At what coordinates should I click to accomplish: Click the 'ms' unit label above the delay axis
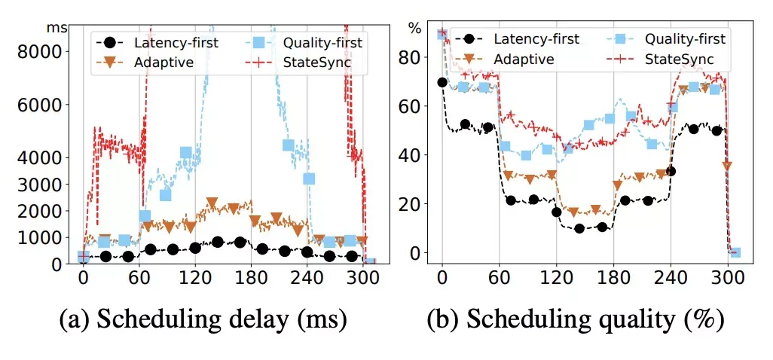[x=57, y=27]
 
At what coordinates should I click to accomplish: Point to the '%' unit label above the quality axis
[x=415, y=28]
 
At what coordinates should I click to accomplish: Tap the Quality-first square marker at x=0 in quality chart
[x=442, y=34]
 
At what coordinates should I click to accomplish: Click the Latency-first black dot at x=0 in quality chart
[x=442, y=82]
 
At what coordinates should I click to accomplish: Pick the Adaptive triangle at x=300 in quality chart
[x=727, y=166]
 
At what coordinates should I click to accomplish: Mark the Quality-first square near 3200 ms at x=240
[x=309, y=178]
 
